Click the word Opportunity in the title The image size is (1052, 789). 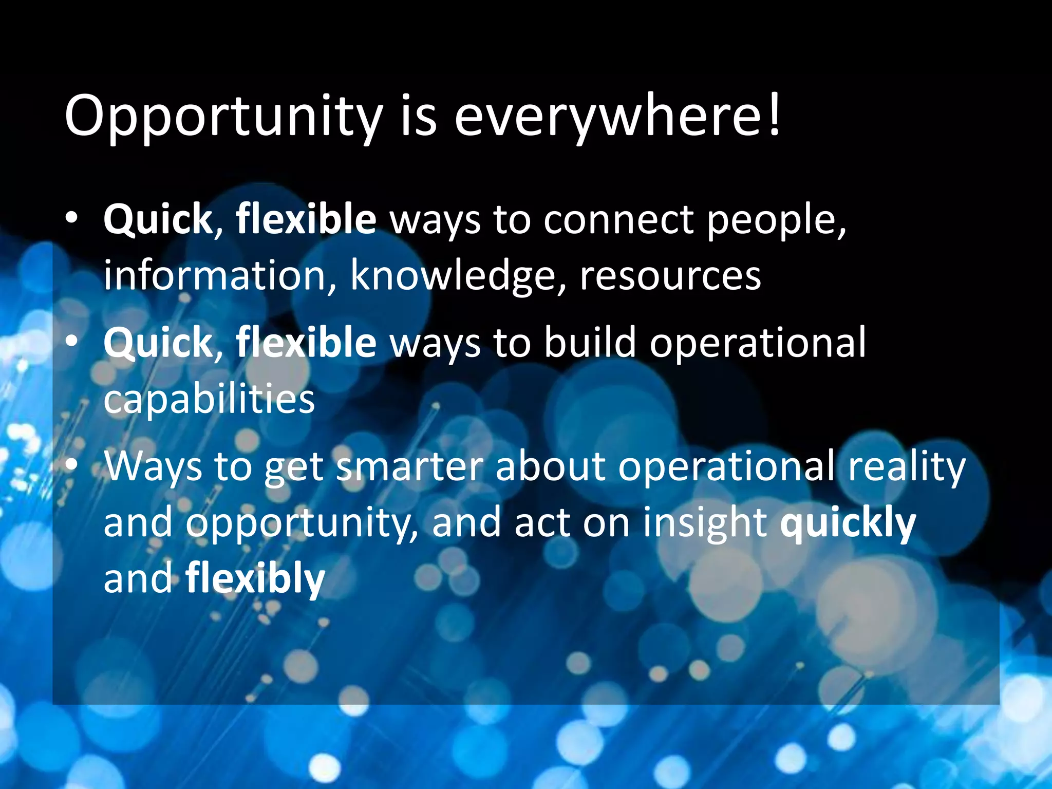(x=223, y=117)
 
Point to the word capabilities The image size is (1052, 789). (x=209, y=400)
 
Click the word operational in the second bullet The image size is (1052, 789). (x=757, y=343)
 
